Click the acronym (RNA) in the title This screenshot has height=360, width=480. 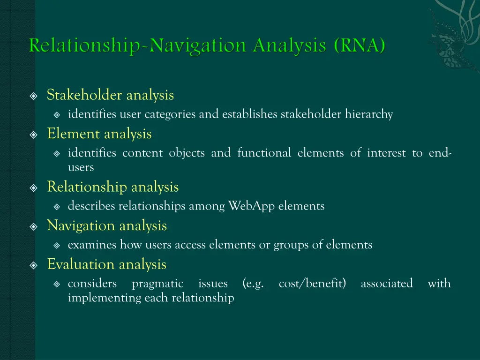coord(360,46)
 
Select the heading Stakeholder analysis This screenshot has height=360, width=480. coord(110,95)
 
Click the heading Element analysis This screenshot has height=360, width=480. coord(99,134)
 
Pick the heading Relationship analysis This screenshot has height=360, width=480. coord(113,187)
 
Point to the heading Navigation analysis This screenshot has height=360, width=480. coord(107,226)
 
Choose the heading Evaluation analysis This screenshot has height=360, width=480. coord(107,264)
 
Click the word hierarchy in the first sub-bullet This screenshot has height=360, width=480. coord(369,114)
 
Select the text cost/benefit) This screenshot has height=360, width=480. coord(312,284)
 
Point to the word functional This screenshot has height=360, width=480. coord(264,153)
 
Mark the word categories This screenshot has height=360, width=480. coord(171,114)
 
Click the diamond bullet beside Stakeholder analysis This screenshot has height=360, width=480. coord(33,96)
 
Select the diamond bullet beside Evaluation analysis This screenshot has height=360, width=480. coord(33,265)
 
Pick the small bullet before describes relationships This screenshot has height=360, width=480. coord(57,206)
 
